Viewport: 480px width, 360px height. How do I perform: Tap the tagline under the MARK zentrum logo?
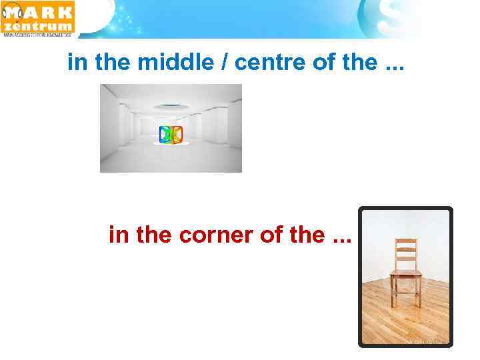tap(39, 36)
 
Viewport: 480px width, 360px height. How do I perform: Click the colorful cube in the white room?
tap(171, 134)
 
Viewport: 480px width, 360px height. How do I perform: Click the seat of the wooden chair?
tap(405, 273)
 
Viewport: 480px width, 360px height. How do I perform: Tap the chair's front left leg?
tap(393, 297)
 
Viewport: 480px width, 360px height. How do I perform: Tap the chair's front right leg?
tap(419, 297)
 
